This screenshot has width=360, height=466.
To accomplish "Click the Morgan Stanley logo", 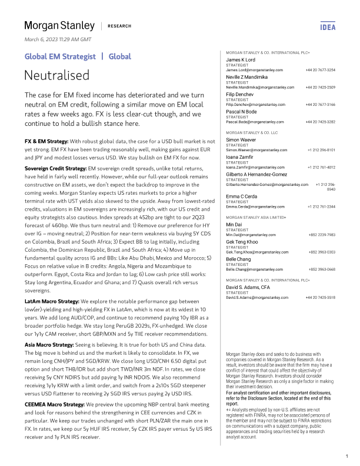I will coord(59,25).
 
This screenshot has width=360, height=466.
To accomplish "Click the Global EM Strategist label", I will coord(60,56).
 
